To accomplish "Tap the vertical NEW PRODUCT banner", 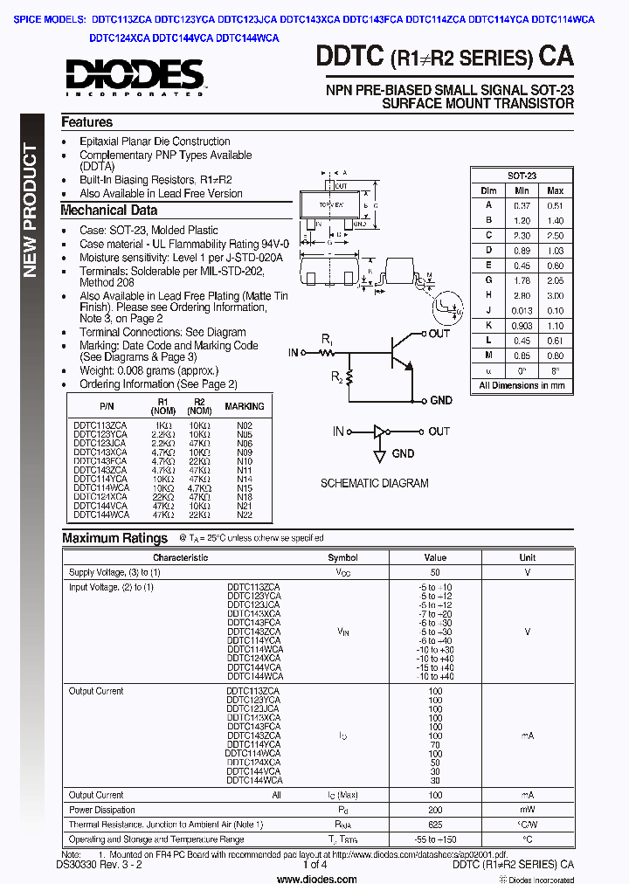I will [x=30, y=210].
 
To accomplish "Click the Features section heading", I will [x=86, y=122].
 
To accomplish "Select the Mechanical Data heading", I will [x=108, y=210].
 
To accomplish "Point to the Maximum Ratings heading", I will [x=114, y=538].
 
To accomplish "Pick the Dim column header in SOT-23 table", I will [x=488, y=190].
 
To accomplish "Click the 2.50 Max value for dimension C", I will [x=555, y=235].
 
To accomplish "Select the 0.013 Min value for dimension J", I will [x=522, y=310].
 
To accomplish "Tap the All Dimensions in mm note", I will [x=522, y=384].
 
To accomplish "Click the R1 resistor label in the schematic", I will [x=327, y=338].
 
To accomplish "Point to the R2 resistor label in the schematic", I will [x=336, y=377].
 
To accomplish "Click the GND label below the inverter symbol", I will [x=403, y=453].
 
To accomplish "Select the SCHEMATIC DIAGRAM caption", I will [x=374, y=483].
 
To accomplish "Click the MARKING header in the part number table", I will [x=245, y=406].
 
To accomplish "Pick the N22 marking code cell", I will [x=245, y=515].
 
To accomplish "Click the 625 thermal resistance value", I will [x=435, y=825].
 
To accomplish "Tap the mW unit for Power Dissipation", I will [x=528, y=810].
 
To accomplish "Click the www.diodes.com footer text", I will [x=314, y=879].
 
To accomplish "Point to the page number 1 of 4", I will [x=314, y=865].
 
